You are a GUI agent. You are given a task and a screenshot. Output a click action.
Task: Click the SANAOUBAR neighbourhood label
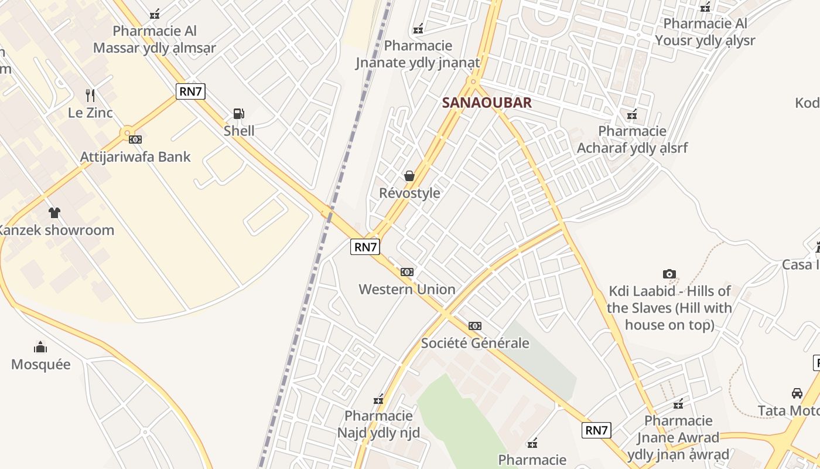click(487, 103)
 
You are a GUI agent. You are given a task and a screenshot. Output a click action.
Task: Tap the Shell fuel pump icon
click(239, 114)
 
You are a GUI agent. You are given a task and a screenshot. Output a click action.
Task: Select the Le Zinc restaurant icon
click(90, 96)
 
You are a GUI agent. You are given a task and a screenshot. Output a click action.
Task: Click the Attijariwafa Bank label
click(135, 157)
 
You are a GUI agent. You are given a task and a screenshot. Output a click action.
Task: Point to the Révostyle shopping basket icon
click(409, 176)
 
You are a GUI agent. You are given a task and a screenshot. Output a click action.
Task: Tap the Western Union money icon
click(407, 272)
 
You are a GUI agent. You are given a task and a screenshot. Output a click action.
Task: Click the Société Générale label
click(475, 343)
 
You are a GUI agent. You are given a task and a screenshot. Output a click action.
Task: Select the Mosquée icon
click(40, 347)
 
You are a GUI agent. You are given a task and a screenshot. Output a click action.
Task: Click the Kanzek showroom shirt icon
click(54, 212)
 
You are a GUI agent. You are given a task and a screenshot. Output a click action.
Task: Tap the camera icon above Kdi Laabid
click(669, 274)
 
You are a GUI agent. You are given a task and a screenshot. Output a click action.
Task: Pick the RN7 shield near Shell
click(191, 91)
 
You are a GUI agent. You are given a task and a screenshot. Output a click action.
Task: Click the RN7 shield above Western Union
click(365, 247)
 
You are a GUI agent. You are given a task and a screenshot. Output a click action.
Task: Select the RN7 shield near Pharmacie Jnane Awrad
click(597, 430)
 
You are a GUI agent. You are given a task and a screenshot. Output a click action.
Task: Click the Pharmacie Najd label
click(378, 424)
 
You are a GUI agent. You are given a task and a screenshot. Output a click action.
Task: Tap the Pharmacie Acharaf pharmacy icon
click(632, 114)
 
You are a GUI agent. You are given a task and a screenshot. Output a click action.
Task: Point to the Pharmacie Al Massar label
click(155, 39)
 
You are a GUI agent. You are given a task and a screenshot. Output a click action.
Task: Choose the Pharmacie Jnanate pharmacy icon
click(418, 29)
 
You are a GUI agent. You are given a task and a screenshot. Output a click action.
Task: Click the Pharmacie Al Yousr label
click(705, 32)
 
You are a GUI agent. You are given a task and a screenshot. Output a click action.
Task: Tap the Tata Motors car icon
click(797, 393)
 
